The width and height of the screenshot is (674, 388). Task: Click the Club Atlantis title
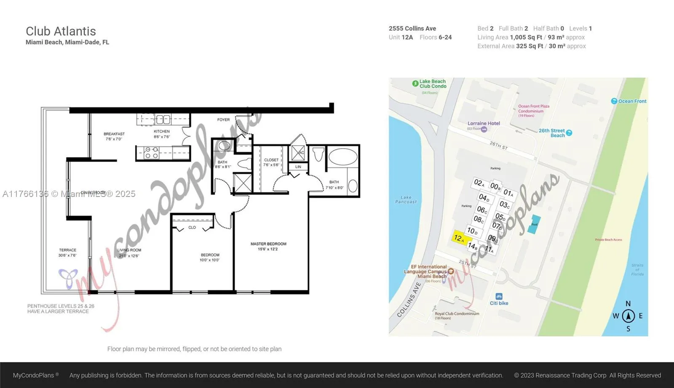pos(61,31)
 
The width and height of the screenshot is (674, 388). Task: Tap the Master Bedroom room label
pos(268,244)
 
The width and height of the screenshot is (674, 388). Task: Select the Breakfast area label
pos(114,134)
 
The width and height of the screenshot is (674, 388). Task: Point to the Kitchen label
pos(162,131)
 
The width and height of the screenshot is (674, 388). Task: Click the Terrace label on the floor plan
pos(67,250)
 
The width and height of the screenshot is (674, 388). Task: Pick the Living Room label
pos(129,250)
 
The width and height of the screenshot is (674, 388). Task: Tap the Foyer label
pos(224,120)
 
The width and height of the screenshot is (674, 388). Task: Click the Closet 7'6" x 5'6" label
pos(271,160)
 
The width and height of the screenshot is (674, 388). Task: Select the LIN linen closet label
pos(298,167)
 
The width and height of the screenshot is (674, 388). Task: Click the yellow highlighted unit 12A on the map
pos(459,238)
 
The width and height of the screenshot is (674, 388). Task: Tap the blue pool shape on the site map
pos(535,224)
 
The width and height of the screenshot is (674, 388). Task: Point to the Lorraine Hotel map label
pos(484,123)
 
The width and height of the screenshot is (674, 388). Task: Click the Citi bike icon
pos(499,296)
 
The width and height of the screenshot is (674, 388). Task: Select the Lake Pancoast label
pos(406,199)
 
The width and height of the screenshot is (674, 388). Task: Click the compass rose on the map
pos(628,316)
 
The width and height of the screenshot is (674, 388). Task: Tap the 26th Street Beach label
pos(552,133)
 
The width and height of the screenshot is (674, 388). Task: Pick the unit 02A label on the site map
pos(479,183)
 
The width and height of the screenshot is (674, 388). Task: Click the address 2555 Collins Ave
pos(412,29)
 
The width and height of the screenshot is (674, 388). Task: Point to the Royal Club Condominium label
pos(457,314)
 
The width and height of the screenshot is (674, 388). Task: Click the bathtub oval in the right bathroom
pos(342,157)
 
